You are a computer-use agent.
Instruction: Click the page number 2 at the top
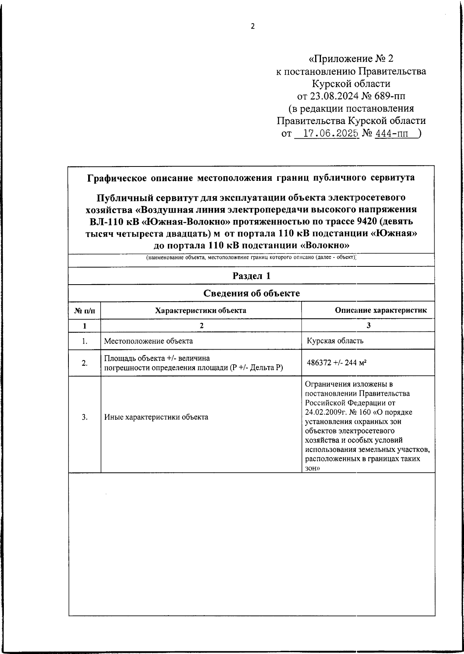253,26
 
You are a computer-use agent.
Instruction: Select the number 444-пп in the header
391,134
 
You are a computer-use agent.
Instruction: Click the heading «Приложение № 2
351,59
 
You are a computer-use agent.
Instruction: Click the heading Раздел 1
251,276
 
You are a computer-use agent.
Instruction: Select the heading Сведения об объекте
251,293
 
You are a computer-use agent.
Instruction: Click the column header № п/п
84,311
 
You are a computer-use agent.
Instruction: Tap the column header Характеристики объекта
200,311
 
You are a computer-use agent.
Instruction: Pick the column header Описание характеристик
380,310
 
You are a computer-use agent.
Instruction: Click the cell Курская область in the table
335,341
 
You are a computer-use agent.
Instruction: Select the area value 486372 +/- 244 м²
336,363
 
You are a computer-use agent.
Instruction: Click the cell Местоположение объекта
148,341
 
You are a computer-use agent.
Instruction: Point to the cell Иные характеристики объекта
156,417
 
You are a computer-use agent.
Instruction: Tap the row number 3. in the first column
84,417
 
